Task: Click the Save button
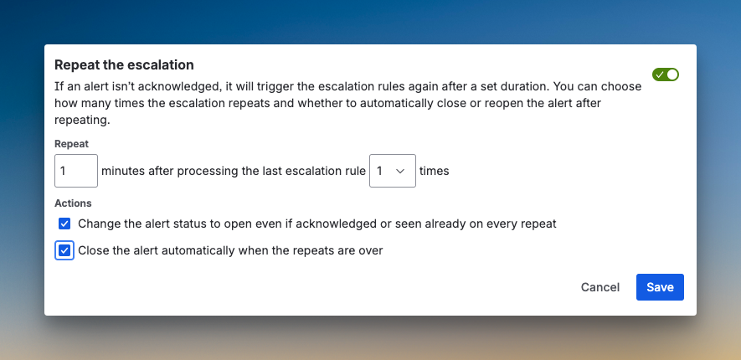coord(660,287)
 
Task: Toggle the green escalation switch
coord(666,75)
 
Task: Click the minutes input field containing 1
coord(76,171)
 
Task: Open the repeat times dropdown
coord(392,171)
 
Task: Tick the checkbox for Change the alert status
coord(64,224)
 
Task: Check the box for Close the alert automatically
coord(64,250)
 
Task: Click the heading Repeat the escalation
coord(124,64)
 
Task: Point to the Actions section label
coord(73,203)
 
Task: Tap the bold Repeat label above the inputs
coord(71,144)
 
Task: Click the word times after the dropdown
coord(434,171)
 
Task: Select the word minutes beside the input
coord(122,171)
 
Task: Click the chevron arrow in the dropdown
coord(400,171)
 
